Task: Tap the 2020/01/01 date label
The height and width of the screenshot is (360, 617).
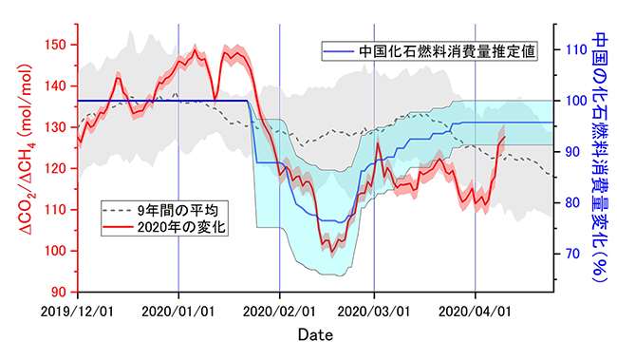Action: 178,311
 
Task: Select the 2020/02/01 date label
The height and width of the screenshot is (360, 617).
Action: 280,311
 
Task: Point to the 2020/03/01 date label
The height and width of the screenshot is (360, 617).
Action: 374,311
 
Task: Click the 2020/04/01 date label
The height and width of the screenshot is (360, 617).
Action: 475,311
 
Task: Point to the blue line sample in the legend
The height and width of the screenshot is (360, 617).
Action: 338,50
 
